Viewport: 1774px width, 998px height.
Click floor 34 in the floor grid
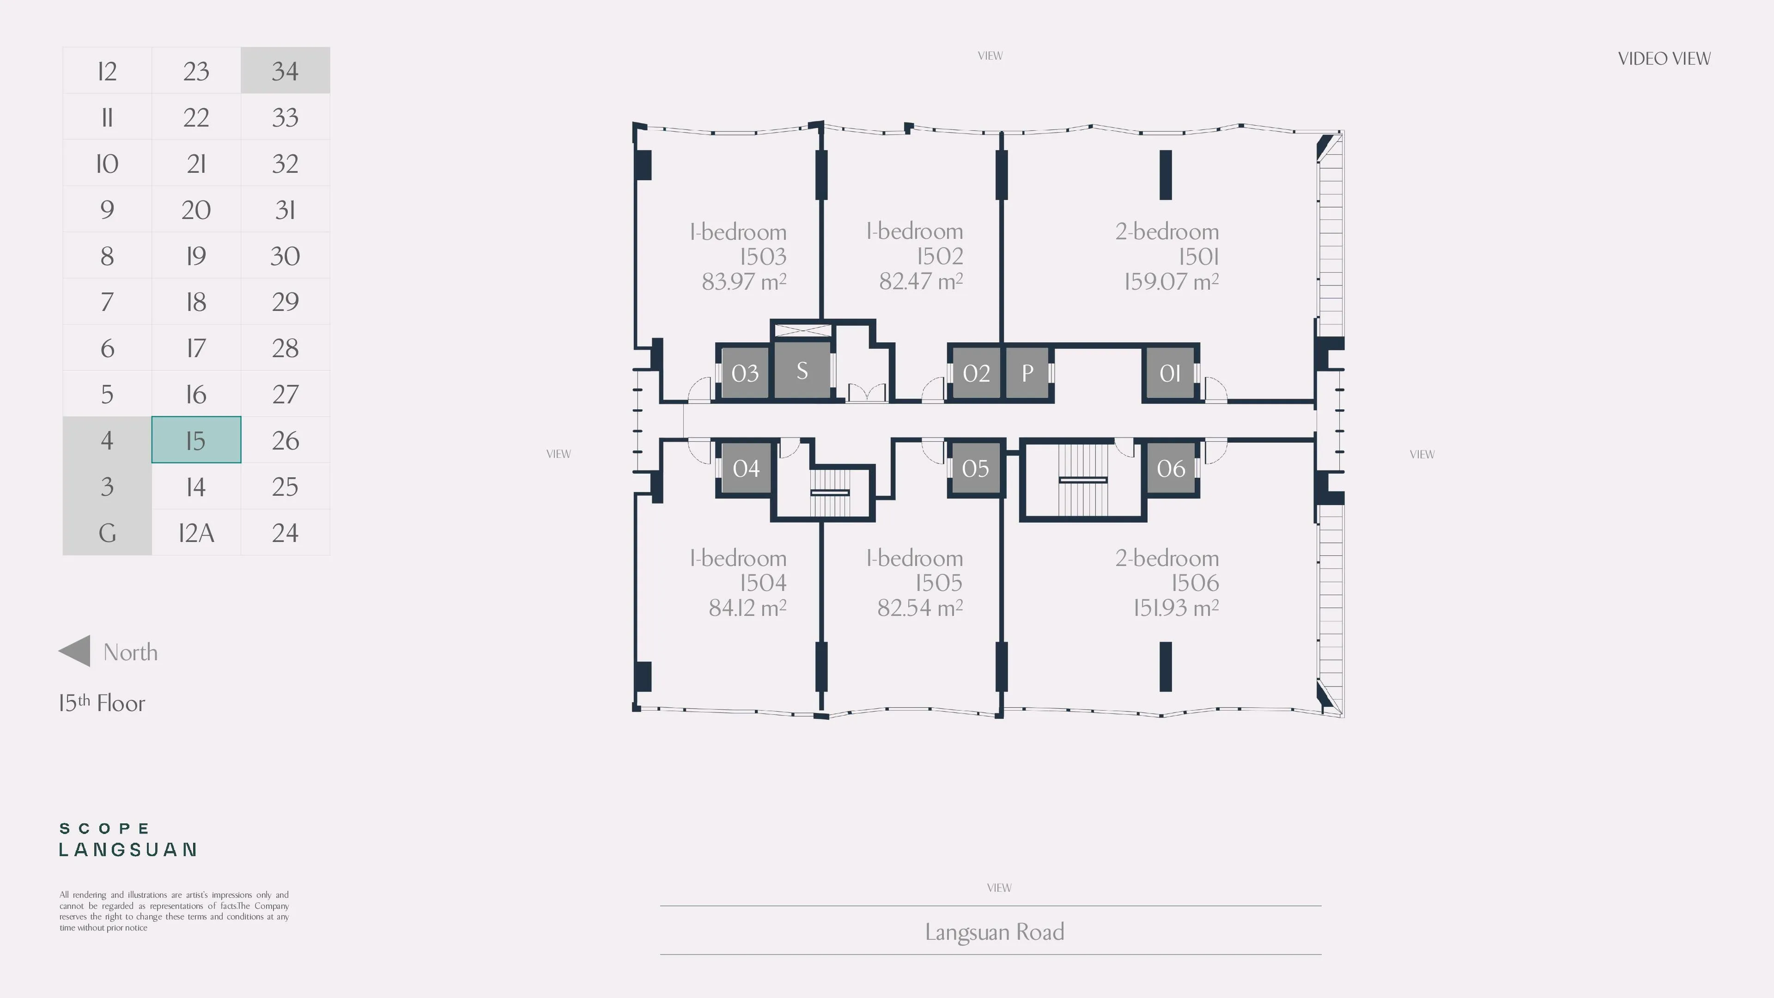(x=285, y=70)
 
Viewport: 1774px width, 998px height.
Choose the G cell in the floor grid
(x=107, y=532)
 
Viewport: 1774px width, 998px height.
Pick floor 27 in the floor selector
(x=285, y=394)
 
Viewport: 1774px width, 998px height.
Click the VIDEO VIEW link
(x=1664, y=59)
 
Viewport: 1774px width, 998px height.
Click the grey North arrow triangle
(x=74, y=651)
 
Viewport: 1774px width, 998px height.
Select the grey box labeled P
(x=1027, y=372)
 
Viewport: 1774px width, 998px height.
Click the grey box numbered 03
(x=744, y=372)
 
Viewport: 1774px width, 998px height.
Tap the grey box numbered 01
(x=1170, y=372)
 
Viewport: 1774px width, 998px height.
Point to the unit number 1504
(x=763, y=583)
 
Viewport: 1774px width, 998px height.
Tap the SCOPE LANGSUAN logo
(x=128, y=840)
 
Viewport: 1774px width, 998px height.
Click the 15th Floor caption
(x=102, y=702)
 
